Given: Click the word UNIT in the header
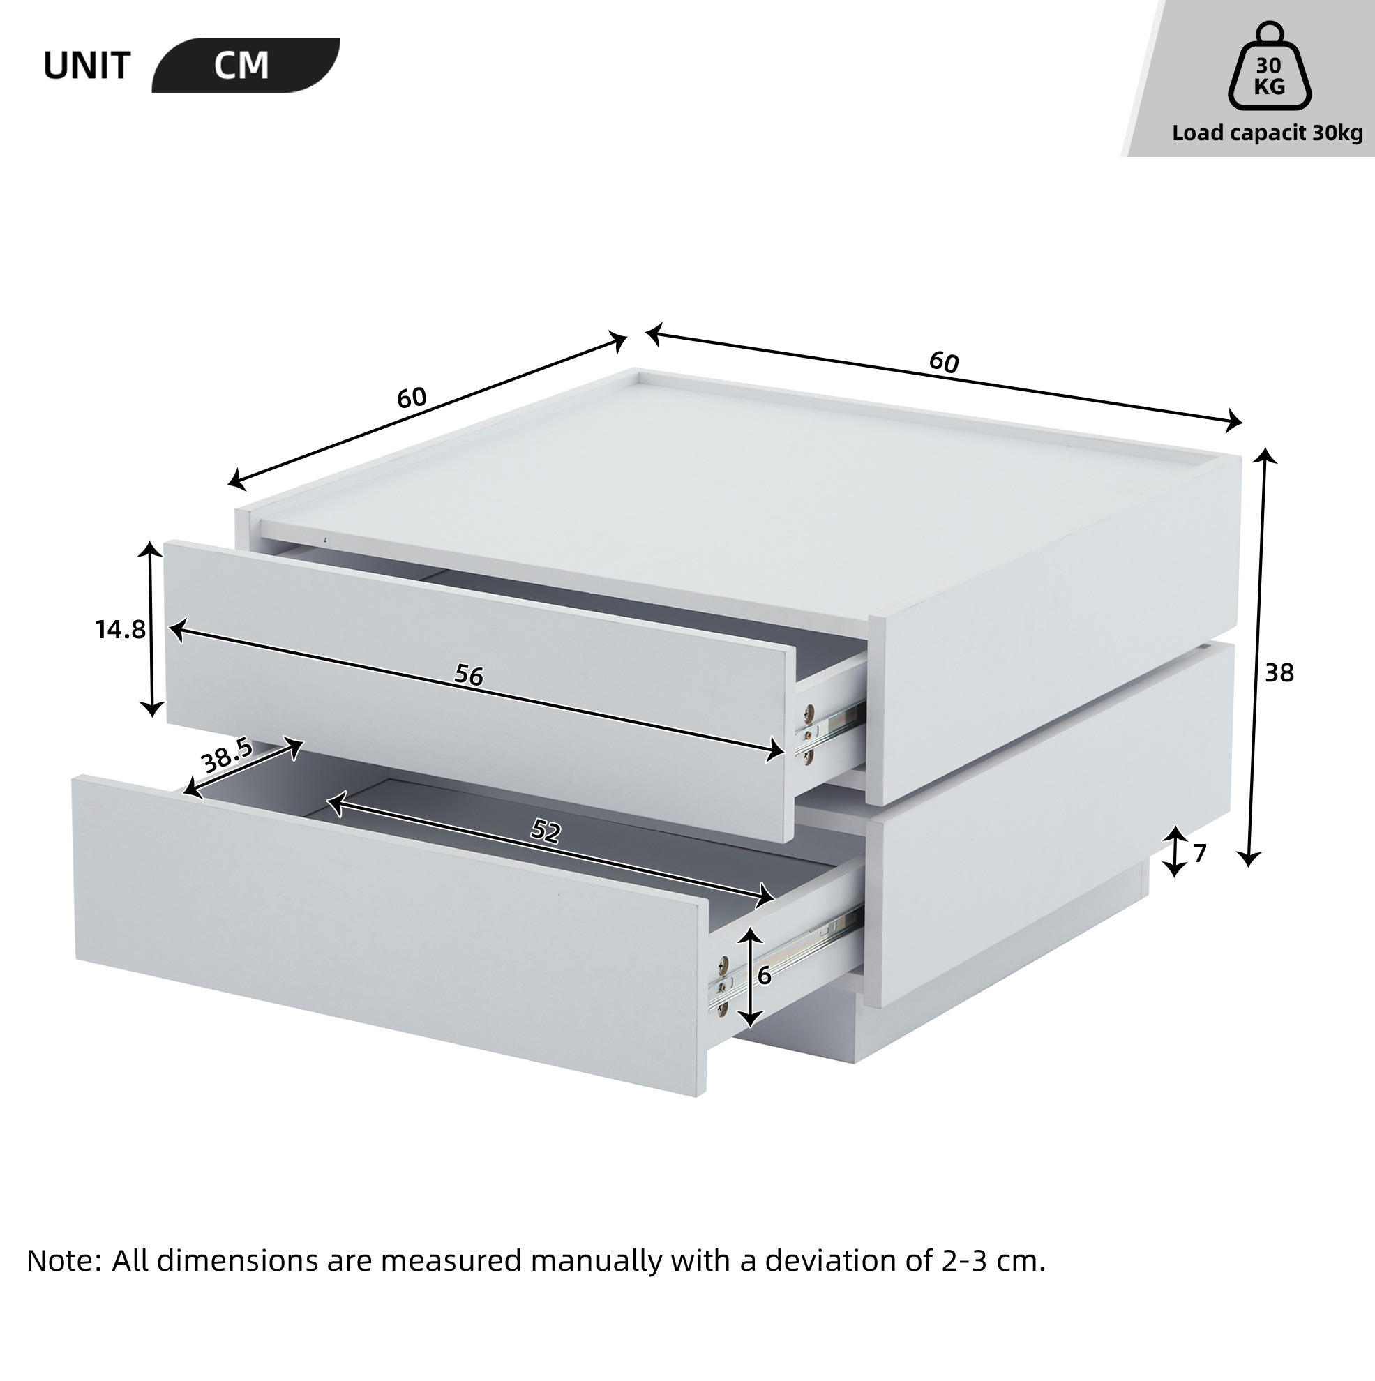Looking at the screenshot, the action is (x=87, y=66).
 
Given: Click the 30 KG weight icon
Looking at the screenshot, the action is (x=1270, y=77).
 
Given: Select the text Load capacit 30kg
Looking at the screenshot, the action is (x=1267, y=134).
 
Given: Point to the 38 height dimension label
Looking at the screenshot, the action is (x=1279, y=672).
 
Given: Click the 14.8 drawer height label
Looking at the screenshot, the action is (x=120, y=630).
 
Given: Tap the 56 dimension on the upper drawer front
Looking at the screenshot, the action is (x=469, y=674).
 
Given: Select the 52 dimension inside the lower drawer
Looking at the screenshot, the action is (x=546, y=831).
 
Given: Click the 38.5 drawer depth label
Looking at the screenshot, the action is (x=227, y=756).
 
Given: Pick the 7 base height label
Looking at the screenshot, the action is (x=1200, y=853).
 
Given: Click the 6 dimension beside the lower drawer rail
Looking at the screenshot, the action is (x=765, y=976).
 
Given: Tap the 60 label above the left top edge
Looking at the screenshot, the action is (x=412, y=398).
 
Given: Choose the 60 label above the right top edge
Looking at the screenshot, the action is (x=944, y=363).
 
